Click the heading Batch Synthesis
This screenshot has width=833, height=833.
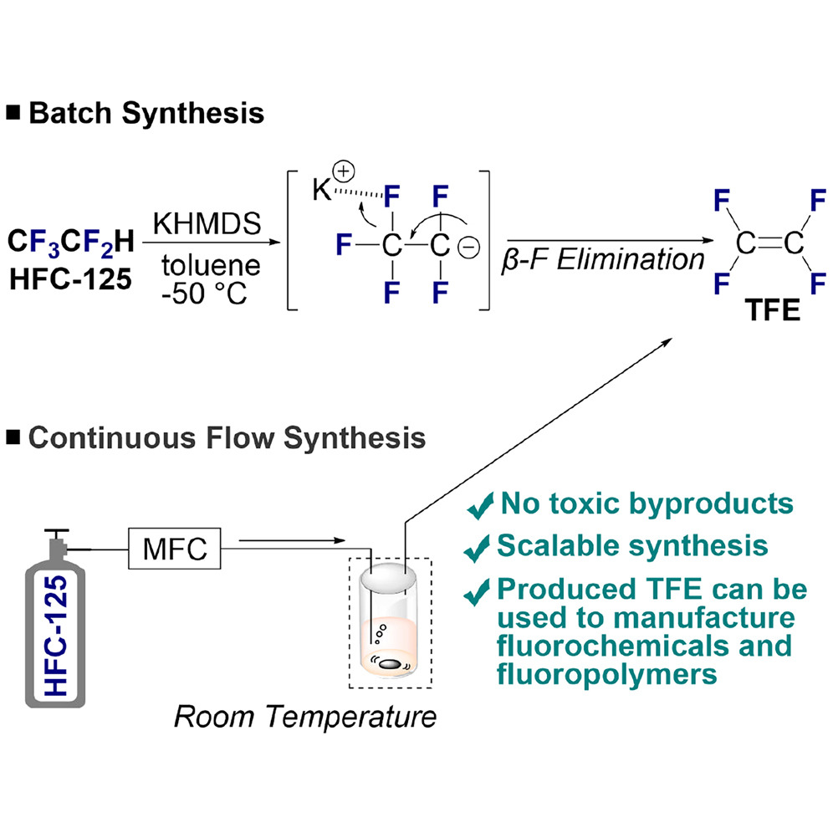146,113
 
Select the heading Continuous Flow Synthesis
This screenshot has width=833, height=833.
227,438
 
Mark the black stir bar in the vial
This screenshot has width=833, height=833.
389,663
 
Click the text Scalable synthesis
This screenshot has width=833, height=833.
632,545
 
